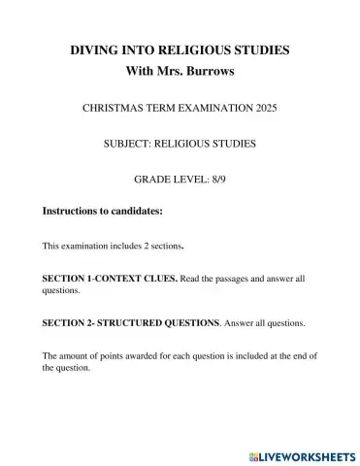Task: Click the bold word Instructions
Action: click(74, 210)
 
